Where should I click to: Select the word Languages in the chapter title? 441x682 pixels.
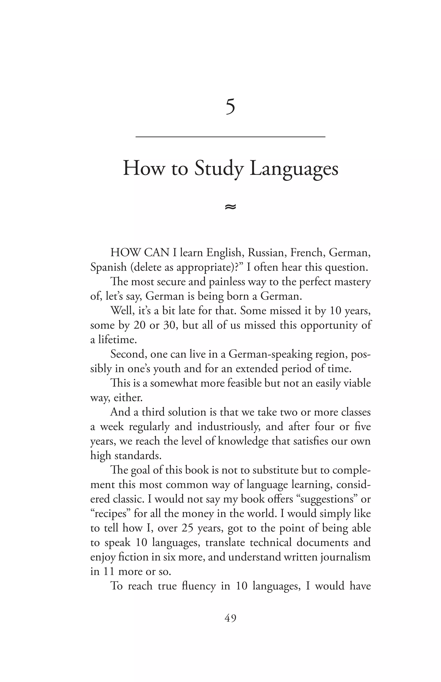[294, 169]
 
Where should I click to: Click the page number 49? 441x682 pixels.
[230, 618]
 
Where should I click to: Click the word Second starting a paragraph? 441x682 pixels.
[129, 354]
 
